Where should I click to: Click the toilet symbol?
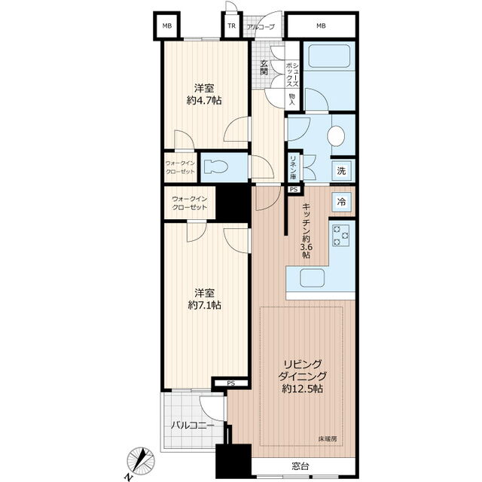(216, 167)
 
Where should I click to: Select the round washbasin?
(336, 136)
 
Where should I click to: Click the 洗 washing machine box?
(341, 171)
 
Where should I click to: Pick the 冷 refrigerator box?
(341, 203)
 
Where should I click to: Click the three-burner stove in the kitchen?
(341, 236)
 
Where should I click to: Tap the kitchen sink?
(313, 278)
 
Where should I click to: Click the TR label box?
(232, 26)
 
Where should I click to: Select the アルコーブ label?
(261, 27)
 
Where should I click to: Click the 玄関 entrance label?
(264, 68)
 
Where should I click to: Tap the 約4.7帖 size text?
(204, 100)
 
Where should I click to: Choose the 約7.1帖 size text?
(204, 304)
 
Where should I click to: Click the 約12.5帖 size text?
(303, 389)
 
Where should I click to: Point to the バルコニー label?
(193, 426)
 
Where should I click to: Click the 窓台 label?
(300, 466)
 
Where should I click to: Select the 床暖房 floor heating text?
(327, 439)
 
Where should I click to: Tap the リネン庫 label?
(293, 168)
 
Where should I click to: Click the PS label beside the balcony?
(231, 383)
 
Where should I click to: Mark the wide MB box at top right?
(321, 26)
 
